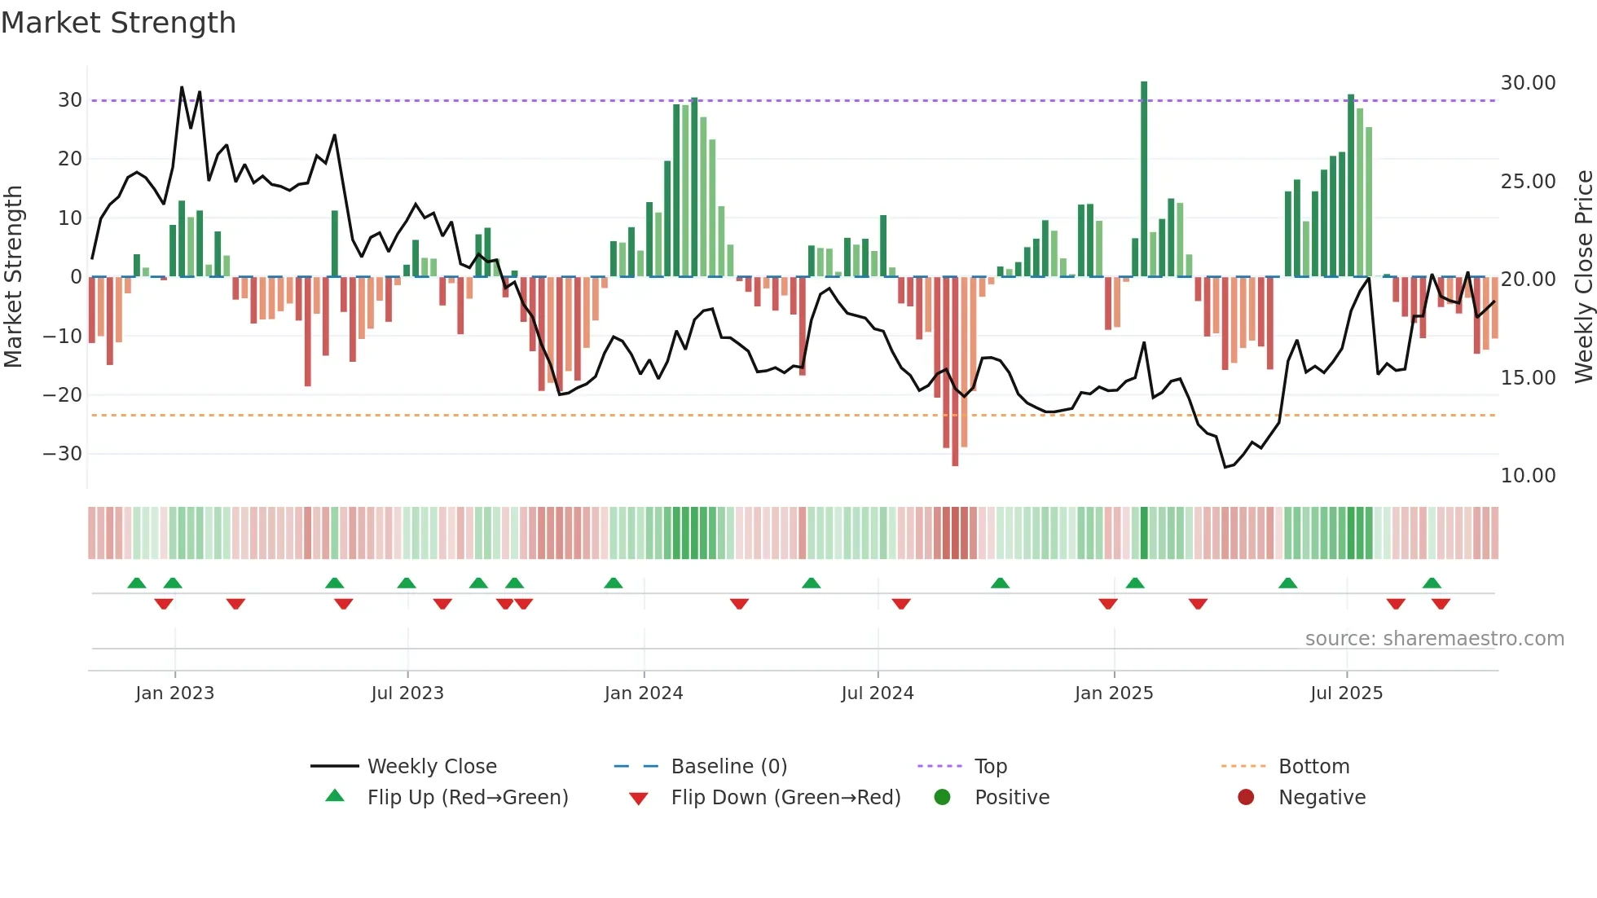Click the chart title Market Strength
pyautogui.click(x=118, y=23)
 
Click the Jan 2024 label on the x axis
pyautogui.click(x=643, y=693)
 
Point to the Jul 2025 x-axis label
pyautogui.click(x=1346, y=693)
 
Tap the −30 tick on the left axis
pyautogui.click(x=63, y=454)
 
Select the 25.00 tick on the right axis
pyautogui.click(x=1528, y=182)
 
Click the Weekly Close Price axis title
pyautogui.click(x=1583, y=277)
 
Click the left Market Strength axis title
pyautogui.click(x=13, y=277)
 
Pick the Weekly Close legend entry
pyautogui.click(x=431, y=767)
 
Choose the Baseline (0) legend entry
pyautogui.click(x=728, y=767)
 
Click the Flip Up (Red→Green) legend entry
pyautogui.click(x=467, y=798)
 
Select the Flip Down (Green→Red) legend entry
pyautogui.click(x=785, y=798)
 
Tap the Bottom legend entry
pyautogui.click(x=1313, y=767)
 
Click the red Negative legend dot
pyautogui.click(x=1246, y=798)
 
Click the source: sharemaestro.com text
pyautogui.click(x=1434, y=639)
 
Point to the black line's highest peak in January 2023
pyautogui.click(x=182, y=87)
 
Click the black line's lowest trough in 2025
pyautogui.click(x=1225, y=467)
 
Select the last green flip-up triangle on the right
pyautogui.click(x=1432, y=583)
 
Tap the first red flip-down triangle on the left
pyautogui.click(x=164, y=604)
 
